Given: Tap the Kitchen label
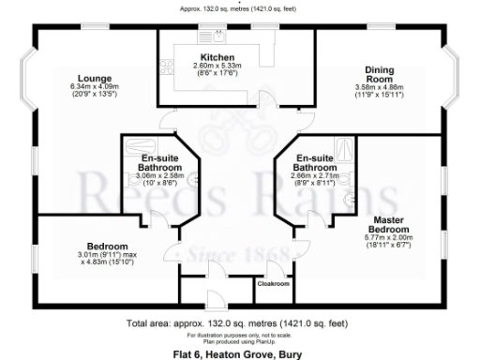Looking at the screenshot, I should (x=216, y=56).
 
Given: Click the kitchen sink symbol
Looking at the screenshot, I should (x=217, y=37).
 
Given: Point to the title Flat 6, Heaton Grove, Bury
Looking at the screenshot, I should (x=239, y=353).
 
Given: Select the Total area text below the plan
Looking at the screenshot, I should (x=239, y=323).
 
